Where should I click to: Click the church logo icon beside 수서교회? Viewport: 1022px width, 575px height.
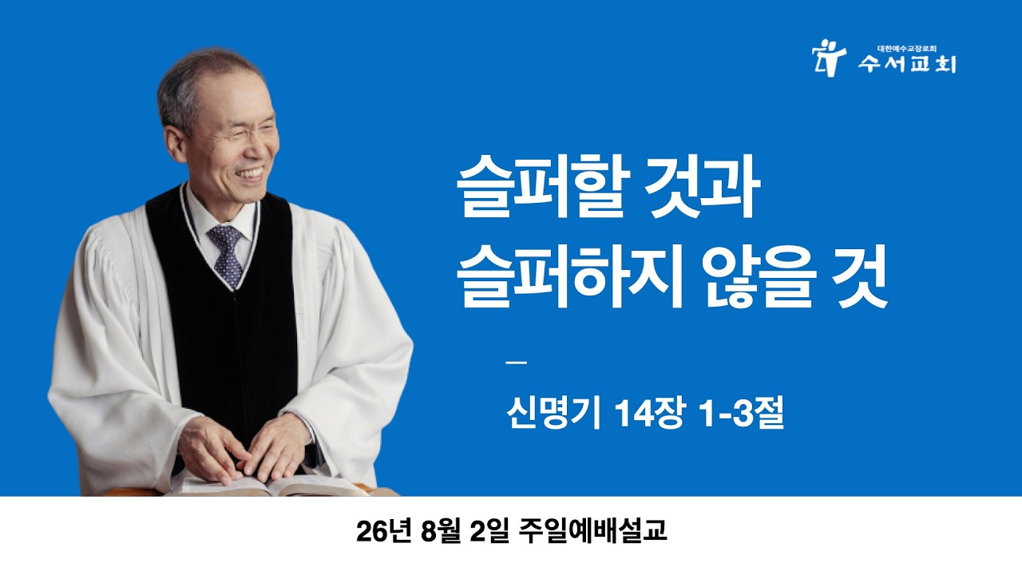[x=829, y=58]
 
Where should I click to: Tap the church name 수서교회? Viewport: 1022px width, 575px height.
[x=906, y=65]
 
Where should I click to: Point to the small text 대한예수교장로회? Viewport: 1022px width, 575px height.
[x=906, y=49]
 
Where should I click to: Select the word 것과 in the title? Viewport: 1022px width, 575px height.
[x=705, y=192]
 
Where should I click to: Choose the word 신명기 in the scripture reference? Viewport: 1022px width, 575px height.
[x=553, y=414]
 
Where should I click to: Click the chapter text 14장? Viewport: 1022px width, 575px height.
[x=649, y=414]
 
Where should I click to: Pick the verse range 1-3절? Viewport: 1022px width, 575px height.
[x=742, y=414]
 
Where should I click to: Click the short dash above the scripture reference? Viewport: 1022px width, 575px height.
[x=517, y=363]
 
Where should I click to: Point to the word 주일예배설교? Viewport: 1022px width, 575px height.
[x=592, y=531]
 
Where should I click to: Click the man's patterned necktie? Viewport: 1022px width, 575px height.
[x=225, y=256]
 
